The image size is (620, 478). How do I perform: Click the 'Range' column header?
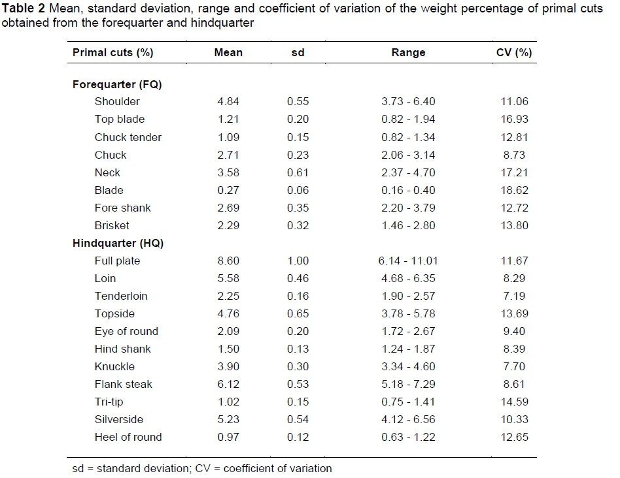[408, 53]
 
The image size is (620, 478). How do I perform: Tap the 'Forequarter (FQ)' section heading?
[117, 84]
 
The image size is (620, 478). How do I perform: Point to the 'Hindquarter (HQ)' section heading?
[118, 243]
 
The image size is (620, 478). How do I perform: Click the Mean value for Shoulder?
[228, 102]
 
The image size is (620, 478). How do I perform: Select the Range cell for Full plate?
[408, 261]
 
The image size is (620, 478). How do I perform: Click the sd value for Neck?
[298, 172]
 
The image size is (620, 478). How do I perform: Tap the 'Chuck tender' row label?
[128, 137]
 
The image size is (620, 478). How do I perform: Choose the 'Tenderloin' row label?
[121, 296]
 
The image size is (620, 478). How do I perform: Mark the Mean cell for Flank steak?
[228, 384]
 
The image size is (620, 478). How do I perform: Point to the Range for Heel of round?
[408, 437]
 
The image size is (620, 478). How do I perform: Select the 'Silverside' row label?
[118, 419]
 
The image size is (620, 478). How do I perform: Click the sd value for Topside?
[298, 313]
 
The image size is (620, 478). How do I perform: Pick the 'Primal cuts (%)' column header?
[112, 53]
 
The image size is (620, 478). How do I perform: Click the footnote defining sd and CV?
[201, 468]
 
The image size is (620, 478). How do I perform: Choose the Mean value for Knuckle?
[228, 366]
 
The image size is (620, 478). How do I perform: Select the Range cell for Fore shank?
[408, 208]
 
